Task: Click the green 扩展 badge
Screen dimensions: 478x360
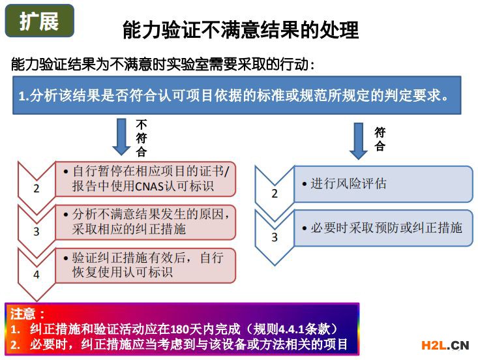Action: pyautogui.click(x=40, y=21)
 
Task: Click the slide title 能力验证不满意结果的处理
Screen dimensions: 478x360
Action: pyautogui.click(x=241, y=30)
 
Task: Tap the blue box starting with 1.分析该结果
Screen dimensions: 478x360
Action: pyautogui.click(x=237, y=95)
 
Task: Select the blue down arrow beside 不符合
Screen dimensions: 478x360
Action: pyautogui.click(x=122, y=136)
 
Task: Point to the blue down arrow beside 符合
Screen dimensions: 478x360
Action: pyautogui.click(x=359, y=141)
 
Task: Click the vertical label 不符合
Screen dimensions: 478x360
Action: pyautogui.click(x=142, y=138)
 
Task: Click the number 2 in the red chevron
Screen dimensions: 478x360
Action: pyautogui.click(x=37, y=188)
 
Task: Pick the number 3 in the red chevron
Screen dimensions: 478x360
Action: pyautogui.click(x=37, y=232)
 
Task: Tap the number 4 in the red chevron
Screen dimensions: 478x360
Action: pyautogui.click(x=37, y=275)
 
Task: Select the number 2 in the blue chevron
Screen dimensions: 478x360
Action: pyautogui.click(x=275, y=194)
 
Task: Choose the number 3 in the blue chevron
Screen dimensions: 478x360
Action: pyautogui.click(x=275, y=237)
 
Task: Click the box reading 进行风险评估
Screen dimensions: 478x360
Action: pyautogui.click(x=383, y=184)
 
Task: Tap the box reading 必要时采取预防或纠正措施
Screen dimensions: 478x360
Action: pyautogui.click(x=383, y=228)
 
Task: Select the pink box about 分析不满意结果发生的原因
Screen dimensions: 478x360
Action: pyautogui.click(x=145, y=222)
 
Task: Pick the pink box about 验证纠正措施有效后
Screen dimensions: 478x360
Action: pyautogui.click(x=145, y=265)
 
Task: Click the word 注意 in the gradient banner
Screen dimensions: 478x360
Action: pyautogui.click(x=22, y=314)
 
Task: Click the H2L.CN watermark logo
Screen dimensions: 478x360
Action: pyautogui.click(x=445, y=346)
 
